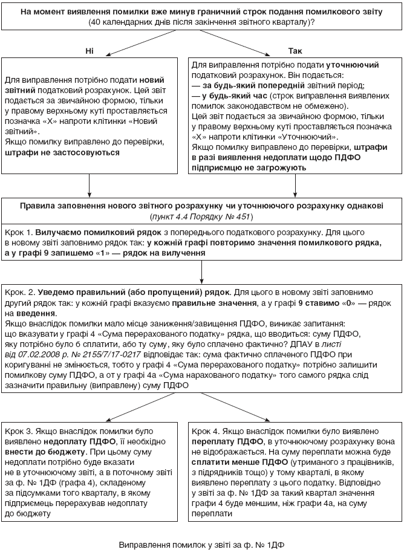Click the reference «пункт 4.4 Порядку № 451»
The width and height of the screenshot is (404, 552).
201,216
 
